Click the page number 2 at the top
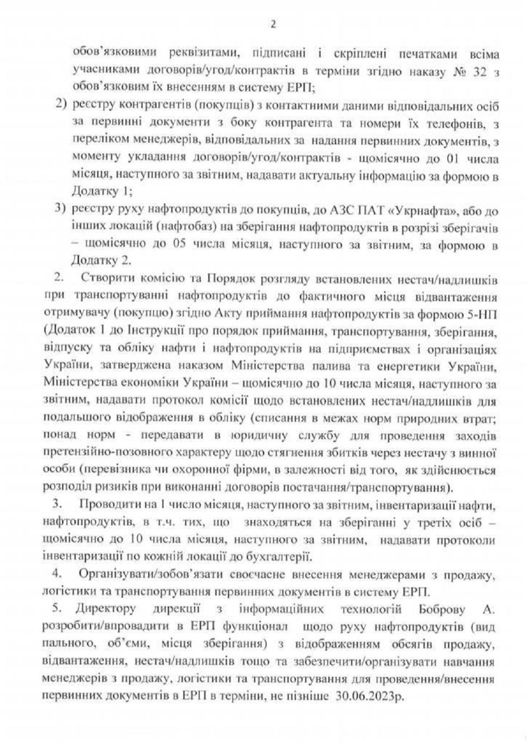click(273, 24)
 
